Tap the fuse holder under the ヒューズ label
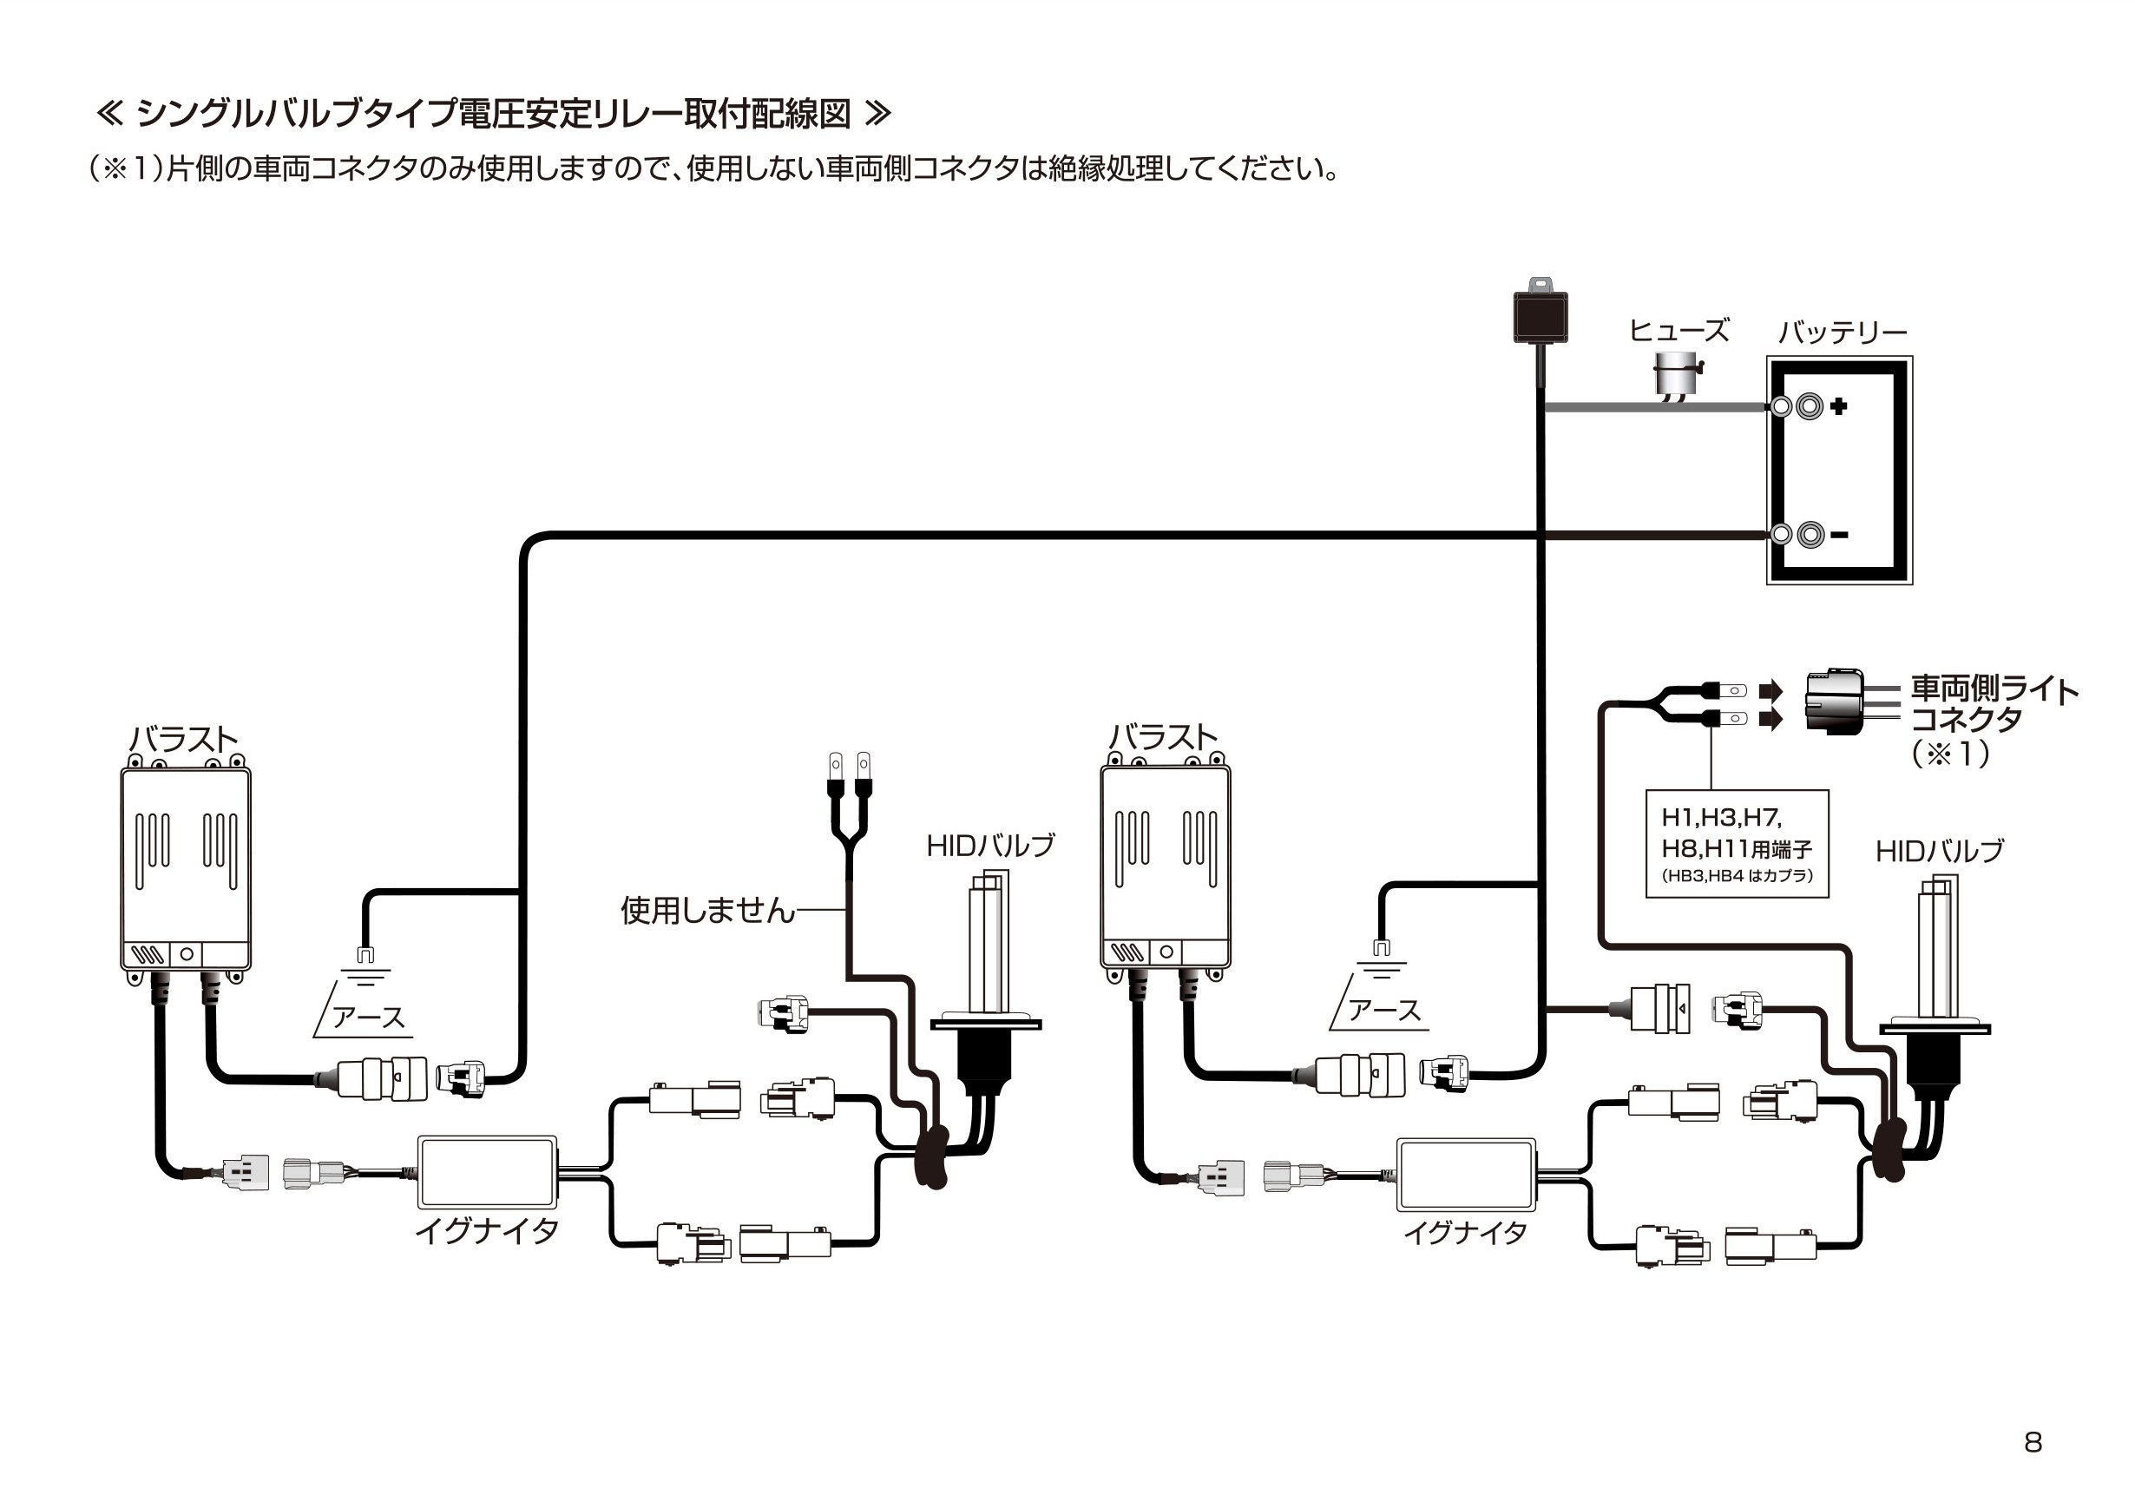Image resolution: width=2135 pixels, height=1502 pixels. pos(1678,376)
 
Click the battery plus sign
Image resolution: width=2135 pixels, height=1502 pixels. pos(1838,405)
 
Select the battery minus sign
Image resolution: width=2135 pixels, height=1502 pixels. pos(1839,535)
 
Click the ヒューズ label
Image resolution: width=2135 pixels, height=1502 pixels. pos(1678,330)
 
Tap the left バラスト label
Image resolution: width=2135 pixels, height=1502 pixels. pos(184,740)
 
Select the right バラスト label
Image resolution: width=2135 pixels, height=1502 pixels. pos(1163,737)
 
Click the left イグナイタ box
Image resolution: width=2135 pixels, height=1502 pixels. pos(487,1171)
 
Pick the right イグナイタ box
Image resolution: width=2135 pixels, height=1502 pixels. pos(1466,1174)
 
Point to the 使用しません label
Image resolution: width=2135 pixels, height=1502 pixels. pos(707,910)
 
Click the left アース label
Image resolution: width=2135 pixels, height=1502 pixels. pos(368,1017)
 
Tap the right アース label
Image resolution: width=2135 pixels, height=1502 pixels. pos(1384,1011)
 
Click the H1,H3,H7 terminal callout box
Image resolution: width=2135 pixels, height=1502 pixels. pos(1736,844)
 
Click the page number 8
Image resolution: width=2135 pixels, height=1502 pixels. pos(2033,1441)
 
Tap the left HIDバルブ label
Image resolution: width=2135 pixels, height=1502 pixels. pos(990,846)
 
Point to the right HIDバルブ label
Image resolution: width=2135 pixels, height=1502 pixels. pos(1940,851)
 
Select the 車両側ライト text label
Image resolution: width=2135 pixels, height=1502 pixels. pos(1994,689)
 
